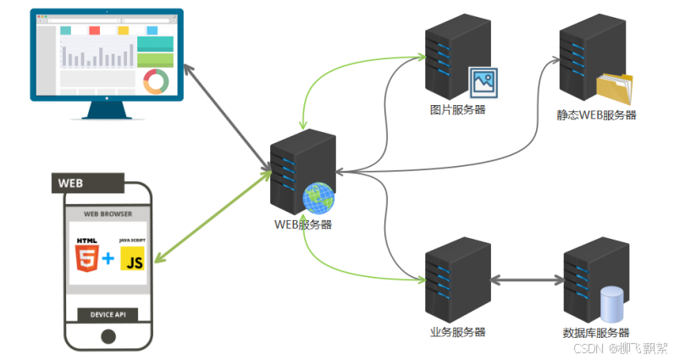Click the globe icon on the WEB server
pyautogui.click(x=318, y=198)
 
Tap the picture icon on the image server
pyautogui.click(x=483, y=82)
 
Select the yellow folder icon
pyautogui.click(x=615, y=89)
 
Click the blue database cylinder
pyautogui.click(x=611, y=304)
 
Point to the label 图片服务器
pyautogui.click(x=457, y=109)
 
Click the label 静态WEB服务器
pyautogui.click(x=596, y=115)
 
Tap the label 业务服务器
pyautogui.click(x=457, y=331)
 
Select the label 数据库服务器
pyautogui.click(x=596, y=333)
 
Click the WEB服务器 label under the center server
pyautogui.click(x=303, y=224)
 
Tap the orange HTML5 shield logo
pyautogui.click(x=87, y=258)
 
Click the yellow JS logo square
pyautogui.click(x=132, y=258)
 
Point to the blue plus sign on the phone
pyautogui.click(x=108, y=258)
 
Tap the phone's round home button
pyautogui.click(x=108, y=336)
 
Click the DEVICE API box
pyautogui.click(x=108, y=314)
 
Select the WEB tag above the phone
pyautogui.click(x=88, y=183)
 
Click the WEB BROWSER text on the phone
pyautogui.click(x=108, y=213)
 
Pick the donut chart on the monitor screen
pyautogui.click(x=156, y=81)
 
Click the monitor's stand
pyautogui.click(x=107, y=110)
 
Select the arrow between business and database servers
pyautogui.click(x=527, y=280)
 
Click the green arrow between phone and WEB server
pyautogui.click(x=213, y=216)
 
